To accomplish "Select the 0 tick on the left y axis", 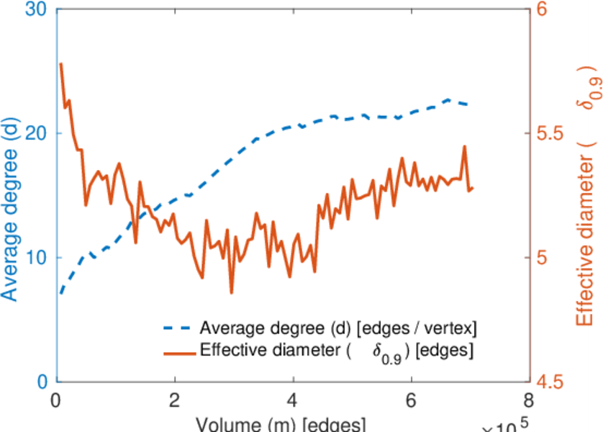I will (x=41, y=382).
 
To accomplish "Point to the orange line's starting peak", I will (x=60, y=63).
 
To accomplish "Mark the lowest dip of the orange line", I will (x=232, y=292).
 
